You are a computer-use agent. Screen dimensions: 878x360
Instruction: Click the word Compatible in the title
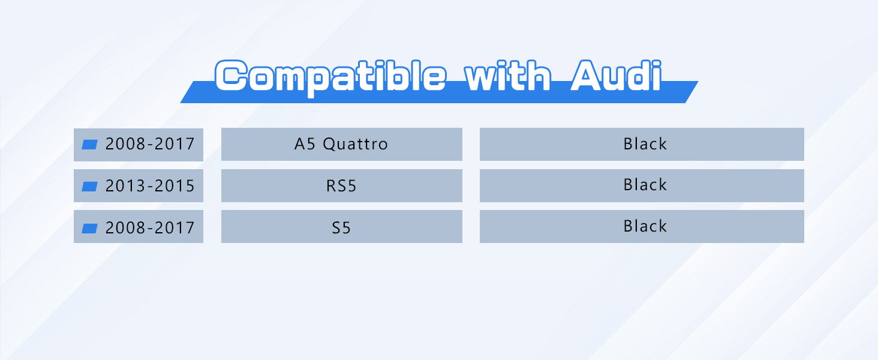point(331,77)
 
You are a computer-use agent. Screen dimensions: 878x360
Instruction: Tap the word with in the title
point(508,75)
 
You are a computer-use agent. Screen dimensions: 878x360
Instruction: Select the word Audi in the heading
point(616,75)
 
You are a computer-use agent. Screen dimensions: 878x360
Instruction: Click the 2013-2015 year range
point(150,186)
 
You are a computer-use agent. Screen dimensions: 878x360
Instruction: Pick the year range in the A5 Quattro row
point(150,145)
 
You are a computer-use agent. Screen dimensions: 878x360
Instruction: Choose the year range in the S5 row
point(150,228)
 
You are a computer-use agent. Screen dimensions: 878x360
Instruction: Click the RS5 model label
point(341,186)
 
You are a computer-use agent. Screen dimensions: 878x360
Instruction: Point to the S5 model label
point(341,228)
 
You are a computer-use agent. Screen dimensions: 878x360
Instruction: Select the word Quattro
point(356,145)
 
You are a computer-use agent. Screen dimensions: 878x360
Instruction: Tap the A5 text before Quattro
point(305,145)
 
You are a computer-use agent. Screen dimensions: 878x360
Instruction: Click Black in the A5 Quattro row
point(645,144)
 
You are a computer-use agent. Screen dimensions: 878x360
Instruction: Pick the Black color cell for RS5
point(645,185)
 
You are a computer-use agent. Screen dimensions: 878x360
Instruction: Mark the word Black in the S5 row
point(645,226)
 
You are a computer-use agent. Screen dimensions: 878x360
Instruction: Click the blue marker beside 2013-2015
point(89,187)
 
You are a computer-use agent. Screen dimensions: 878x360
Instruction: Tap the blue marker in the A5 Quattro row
point(89,145)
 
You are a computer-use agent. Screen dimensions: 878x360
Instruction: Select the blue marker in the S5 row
point(89,228)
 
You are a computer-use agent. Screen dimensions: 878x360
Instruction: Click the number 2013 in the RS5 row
point(125,186)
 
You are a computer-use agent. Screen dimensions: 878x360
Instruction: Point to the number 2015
point(175,186)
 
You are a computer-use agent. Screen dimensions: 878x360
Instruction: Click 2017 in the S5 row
point(175,228)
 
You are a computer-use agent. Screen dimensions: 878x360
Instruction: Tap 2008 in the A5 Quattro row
point(125,145)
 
